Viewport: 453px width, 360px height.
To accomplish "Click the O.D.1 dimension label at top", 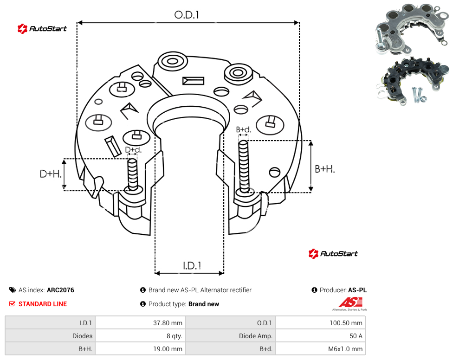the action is pos(187,15).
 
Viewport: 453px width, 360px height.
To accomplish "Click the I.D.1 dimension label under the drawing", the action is pos(192,266).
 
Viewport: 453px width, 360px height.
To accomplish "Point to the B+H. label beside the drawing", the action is pos(325,169).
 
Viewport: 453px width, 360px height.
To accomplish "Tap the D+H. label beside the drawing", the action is pos(51,174).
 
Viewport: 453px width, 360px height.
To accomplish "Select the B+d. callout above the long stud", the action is pos(244,129).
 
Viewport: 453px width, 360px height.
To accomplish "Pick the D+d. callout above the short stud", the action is pos(133,150).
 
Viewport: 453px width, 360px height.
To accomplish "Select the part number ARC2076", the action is pos(60,290).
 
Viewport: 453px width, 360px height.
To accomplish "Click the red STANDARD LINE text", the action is pos(43,304).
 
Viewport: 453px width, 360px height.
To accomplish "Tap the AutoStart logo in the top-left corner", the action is pos(42,29).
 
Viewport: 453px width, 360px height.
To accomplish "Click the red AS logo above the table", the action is pos(350,303).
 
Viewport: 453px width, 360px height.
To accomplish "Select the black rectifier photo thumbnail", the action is pos(412,81).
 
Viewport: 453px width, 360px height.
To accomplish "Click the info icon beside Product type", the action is pos(142,304).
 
